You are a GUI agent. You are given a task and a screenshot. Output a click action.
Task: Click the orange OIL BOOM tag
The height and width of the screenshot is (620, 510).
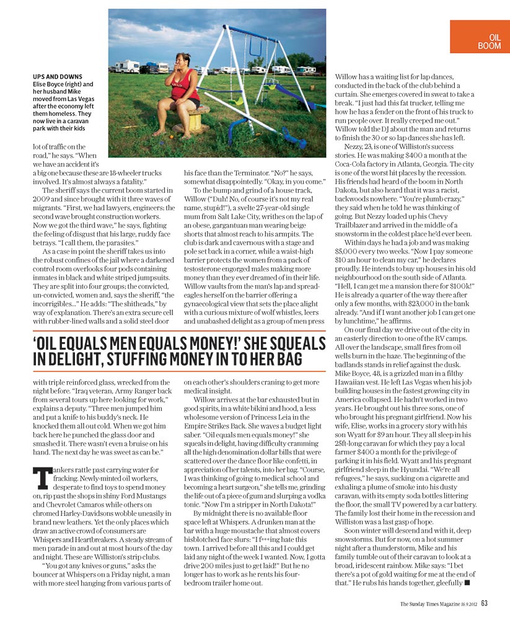[x=479, y=37]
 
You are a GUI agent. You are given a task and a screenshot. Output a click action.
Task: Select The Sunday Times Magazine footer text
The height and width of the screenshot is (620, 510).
[x=427, y=603]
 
